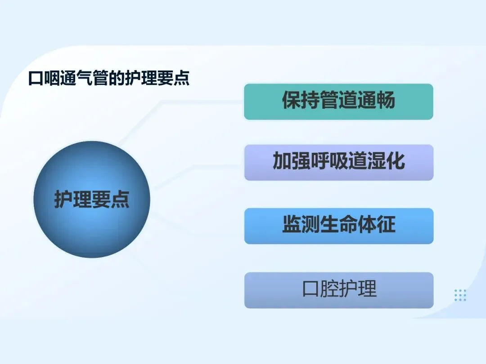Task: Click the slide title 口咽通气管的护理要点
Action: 109,78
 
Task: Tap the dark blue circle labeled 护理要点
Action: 92,200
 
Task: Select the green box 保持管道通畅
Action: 338,102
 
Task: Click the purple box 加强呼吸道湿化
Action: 339,163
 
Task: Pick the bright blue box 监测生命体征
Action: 339,226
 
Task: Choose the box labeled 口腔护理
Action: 339,290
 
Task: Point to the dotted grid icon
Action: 460,295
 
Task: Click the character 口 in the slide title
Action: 36,78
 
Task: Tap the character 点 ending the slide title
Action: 182,78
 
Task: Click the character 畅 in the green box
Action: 386,100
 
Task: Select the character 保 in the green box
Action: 291,100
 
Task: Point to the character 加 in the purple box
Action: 282,160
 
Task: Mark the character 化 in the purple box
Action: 396,160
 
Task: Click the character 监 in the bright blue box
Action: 292,224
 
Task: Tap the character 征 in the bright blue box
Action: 386,224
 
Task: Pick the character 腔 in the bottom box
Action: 329,289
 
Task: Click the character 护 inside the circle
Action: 63,199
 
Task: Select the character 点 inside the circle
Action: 120,199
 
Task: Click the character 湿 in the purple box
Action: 377,160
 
